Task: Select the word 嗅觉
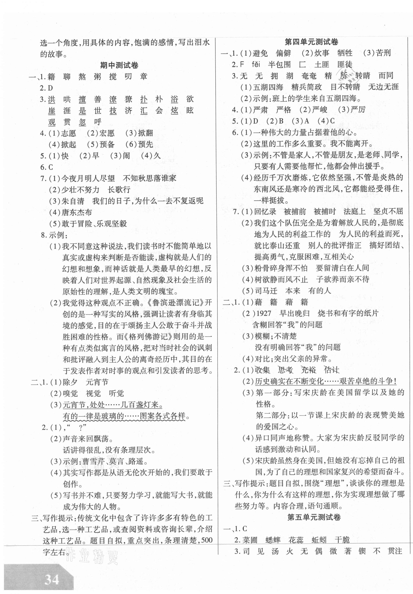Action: [70, 393]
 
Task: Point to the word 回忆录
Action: [265, 211]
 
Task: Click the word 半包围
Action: [279, 64]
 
